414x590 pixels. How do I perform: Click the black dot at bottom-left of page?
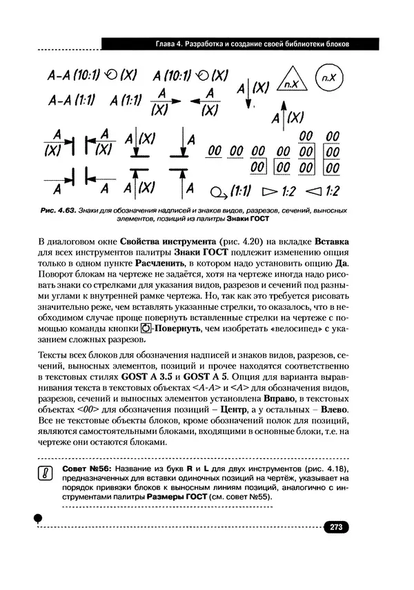click(x=39, y=516)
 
